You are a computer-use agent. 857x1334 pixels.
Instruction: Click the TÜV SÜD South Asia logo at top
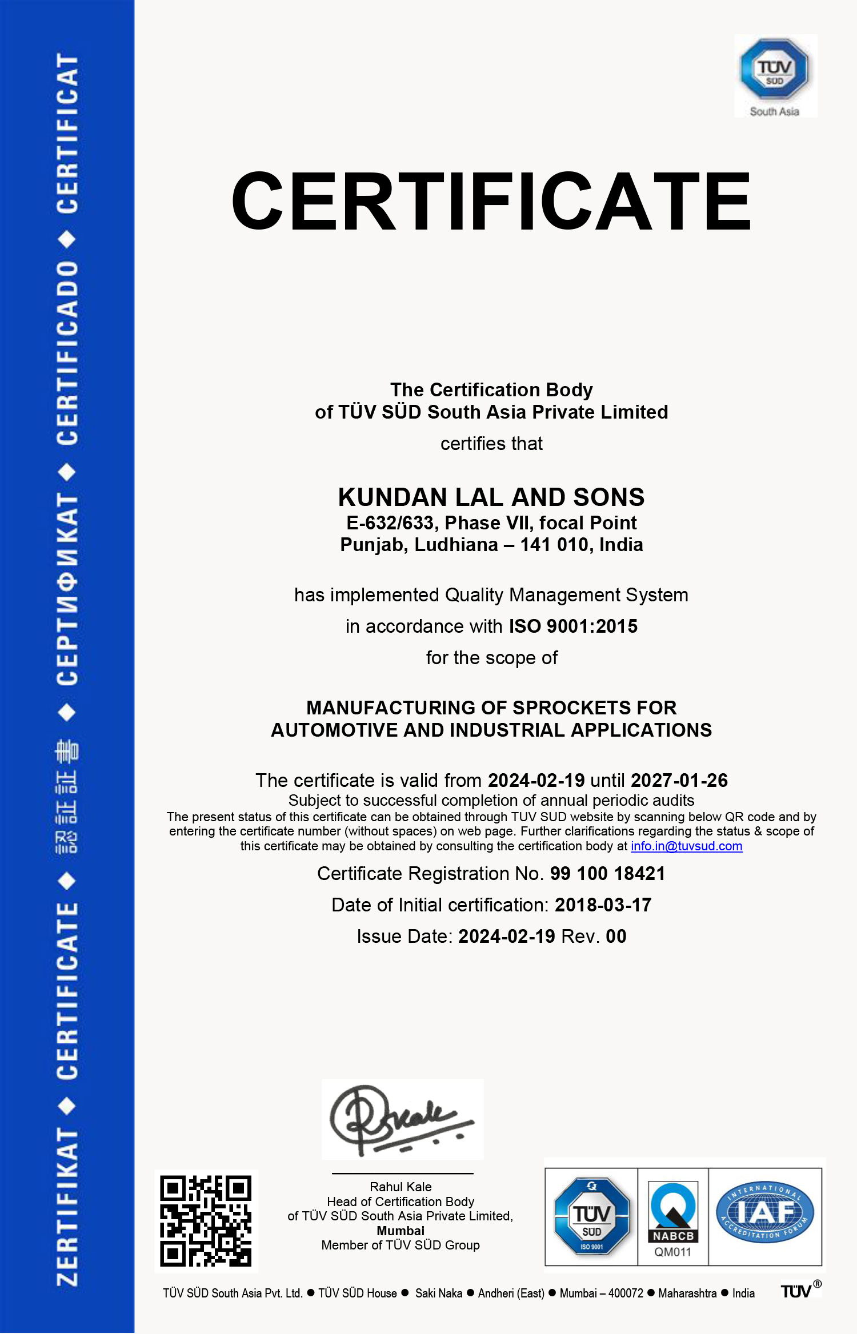(775, 75)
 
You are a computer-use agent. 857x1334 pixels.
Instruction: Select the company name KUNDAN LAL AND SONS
(491, 497)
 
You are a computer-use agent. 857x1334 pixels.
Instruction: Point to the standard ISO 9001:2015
(573, 626)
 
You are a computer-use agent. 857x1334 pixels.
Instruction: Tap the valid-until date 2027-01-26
(679, 781)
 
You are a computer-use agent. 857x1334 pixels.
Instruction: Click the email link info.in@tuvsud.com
(686, 846)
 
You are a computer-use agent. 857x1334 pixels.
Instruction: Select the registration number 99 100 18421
(607, 874)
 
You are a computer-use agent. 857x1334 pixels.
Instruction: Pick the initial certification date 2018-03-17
(603, 905)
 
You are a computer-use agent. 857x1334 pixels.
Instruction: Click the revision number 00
(616, 937)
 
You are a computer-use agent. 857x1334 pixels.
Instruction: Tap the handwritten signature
(400, 1119)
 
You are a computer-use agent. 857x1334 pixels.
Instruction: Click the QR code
(206, 1221)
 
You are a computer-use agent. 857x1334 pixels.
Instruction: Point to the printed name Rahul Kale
(401, 1187)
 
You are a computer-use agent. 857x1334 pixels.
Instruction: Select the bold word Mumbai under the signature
(401, 1231)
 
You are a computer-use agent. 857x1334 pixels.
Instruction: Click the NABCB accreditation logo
(673, 1212)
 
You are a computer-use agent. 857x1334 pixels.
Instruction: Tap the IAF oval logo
(765, 1212)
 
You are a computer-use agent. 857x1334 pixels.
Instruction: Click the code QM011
(673, 1252)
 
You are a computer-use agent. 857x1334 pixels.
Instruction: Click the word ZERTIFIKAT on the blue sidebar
(67, 1205)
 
